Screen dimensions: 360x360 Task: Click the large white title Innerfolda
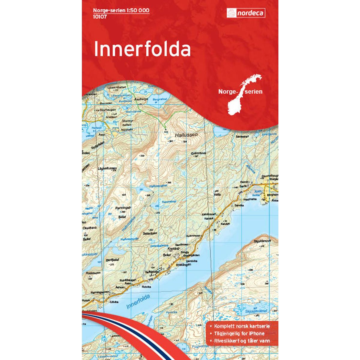tap(142, 49)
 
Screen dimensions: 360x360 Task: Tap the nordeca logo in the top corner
tap(246, 13)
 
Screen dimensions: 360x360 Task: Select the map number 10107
tap(100, 16)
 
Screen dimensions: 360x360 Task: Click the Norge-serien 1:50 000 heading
tap(121, 10)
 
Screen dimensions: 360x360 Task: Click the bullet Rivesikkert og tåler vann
tap(241, 340)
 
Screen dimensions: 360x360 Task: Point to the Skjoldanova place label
tap(262, 241)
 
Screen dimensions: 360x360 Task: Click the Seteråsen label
tap(150, 233)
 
